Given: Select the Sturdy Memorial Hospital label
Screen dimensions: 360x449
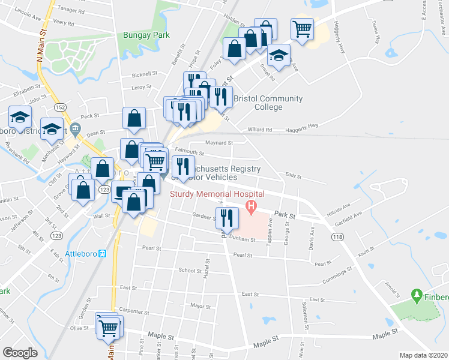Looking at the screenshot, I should tap(217, 194).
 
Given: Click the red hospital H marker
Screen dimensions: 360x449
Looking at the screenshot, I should tap(250, 208).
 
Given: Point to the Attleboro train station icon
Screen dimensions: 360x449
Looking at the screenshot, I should tap(103, 253).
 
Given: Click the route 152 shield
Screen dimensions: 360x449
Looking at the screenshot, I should tap(62, 106).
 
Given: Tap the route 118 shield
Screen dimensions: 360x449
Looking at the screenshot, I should tap(339, 238).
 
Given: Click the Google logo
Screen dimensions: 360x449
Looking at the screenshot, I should tap(20, 352).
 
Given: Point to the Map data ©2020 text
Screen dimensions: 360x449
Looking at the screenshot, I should tap(423, 355).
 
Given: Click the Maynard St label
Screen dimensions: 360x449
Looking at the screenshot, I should tap(218, 143).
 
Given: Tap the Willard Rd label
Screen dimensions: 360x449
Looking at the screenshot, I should tap(260, 129).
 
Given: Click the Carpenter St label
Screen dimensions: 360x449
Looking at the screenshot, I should tap(133, 311).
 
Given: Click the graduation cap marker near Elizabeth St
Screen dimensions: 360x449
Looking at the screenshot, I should tap(20, 116).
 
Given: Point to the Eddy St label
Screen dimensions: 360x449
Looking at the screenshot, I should tap(292, 175).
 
